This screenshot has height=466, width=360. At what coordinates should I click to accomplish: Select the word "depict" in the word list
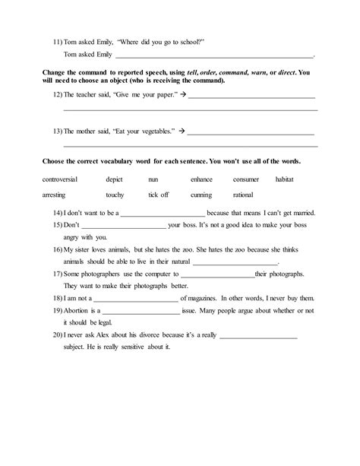115,179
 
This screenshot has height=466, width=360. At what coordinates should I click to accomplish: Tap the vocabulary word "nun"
153,179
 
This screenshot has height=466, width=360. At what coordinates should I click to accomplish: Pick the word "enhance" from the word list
202,179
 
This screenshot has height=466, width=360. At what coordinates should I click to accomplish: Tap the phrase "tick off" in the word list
159,195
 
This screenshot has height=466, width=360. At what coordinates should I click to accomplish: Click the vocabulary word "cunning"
201,195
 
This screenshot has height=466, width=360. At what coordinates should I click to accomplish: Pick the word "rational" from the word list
243,195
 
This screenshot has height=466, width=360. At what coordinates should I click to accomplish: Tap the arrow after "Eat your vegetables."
181,130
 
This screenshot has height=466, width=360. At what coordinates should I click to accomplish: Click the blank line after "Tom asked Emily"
213,56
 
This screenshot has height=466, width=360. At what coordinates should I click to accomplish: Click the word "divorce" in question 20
158,335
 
